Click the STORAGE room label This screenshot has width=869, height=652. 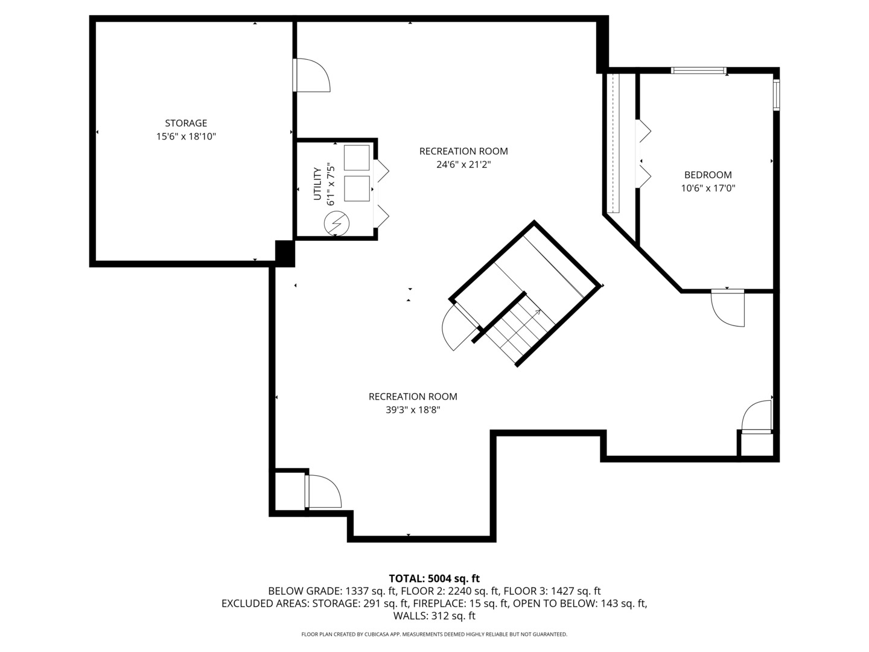coord(186,123)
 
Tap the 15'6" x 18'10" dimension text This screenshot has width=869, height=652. coord(186,137)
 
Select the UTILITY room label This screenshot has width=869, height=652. coord(317,185)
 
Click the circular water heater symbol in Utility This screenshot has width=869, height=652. coord(336,223)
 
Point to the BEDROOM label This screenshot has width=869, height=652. coord(708,175)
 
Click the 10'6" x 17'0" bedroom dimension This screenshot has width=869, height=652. coord(708,188)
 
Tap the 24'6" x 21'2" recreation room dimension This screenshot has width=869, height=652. coord(463,164)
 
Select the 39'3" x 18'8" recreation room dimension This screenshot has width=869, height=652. coord(413,410)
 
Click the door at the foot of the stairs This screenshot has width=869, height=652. coord(459,326)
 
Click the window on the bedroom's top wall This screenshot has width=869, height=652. coord(699,71)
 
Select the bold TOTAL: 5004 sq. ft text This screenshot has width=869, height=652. coord(434,578)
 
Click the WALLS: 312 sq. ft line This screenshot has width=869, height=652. coord(434,616)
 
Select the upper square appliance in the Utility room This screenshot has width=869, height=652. coord(356,158)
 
